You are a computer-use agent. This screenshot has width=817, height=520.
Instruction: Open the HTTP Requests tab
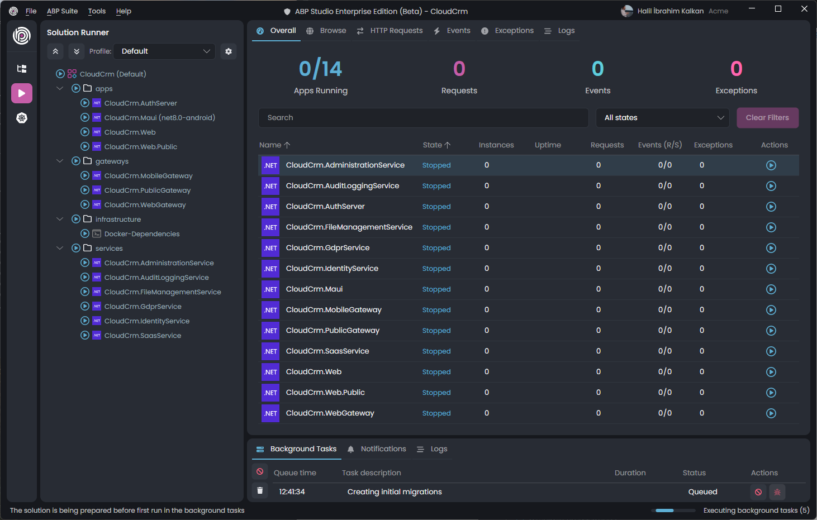396,31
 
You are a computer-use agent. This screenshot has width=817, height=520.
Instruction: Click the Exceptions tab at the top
514,31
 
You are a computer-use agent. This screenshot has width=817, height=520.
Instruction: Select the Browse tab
332,31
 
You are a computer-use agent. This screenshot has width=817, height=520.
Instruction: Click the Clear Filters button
767,118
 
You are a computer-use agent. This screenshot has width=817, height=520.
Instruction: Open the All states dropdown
663,118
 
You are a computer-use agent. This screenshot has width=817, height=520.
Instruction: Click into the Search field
423,118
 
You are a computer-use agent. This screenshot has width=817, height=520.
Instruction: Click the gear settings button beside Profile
229,51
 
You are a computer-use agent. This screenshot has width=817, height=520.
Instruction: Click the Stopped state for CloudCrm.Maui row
436,289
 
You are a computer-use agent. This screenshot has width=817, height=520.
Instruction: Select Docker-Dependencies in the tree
142,234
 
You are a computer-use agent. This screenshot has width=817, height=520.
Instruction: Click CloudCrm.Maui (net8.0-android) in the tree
159,118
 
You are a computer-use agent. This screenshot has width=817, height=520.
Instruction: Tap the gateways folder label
112,161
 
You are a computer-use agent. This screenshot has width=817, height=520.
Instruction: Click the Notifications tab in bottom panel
383,449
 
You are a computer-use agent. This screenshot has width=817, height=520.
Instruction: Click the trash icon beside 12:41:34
260,491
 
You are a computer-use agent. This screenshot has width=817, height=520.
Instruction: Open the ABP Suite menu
62,11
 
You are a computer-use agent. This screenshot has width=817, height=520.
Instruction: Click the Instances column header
496,145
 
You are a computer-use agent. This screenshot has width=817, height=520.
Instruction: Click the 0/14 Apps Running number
320,69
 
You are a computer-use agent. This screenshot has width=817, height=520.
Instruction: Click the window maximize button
778,9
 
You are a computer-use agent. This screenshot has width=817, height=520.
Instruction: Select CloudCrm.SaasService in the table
327,351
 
